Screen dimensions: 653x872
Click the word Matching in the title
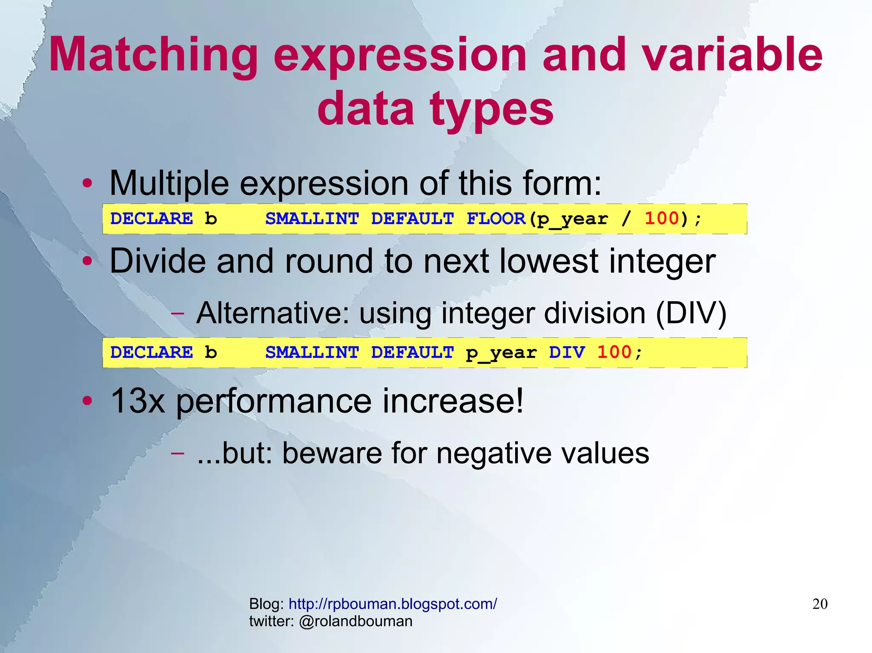click(x=153, y=55)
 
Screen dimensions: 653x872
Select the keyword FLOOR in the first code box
click(x=496, y=219)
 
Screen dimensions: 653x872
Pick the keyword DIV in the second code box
click(x=567, y=352)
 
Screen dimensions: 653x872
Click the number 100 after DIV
click(x=614, y=352)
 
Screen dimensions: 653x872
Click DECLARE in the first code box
click(x=152, y=219)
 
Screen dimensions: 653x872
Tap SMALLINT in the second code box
click(x=312, y=352)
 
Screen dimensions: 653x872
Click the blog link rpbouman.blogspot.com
click(x=392, y=604)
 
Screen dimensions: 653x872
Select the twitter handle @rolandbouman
click(x=356, y=621)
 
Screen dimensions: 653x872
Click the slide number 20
click(x=820, y=604)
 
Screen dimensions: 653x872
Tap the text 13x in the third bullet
click(x=137, y=401)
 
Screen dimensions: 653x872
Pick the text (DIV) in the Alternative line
click(x=691, y=314)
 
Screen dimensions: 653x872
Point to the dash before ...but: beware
click(x=178, y=453)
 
